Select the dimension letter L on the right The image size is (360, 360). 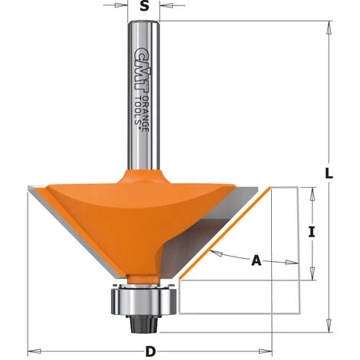click(x=329, y=174)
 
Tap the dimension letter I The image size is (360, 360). click(x=313, y=232)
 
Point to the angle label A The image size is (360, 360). click(x=257, y=261)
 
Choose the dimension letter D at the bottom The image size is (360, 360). click(x=151, y=352)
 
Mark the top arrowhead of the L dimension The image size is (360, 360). click(x=329, y=28)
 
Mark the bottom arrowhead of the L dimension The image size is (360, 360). click(x=329, y=322)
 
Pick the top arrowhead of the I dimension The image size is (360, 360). click(x=312, y=191)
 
